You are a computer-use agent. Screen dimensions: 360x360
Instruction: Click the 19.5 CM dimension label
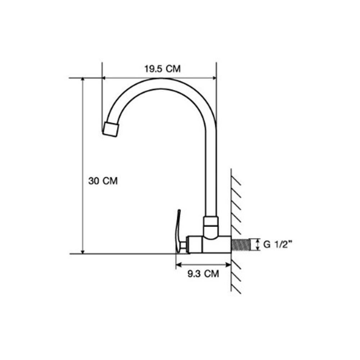click(162, 69)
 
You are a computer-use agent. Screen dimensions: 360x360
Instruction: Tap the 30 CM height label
click(103, 181)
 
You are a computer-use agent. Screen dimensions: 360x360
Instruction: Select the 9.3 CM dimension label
click(203, 274)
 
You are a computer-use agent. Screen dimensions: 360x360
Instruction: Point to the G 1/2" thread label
click(279, 244)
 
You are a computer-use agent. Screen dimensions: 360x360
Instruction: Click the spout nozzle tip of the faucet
click(111, 130)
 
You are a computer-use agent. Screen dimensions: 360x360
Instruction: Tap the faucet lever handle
click(177, 231)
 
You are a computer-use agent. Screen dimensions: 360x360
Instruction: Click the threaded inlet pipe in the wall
click(240, 245)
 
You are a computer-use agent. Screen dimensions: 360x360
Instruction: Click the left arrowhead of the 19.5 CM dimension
click(104, 78)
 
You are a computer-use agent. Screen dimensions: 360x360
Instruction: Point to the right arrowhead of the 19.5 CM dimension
click(215, 78)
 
